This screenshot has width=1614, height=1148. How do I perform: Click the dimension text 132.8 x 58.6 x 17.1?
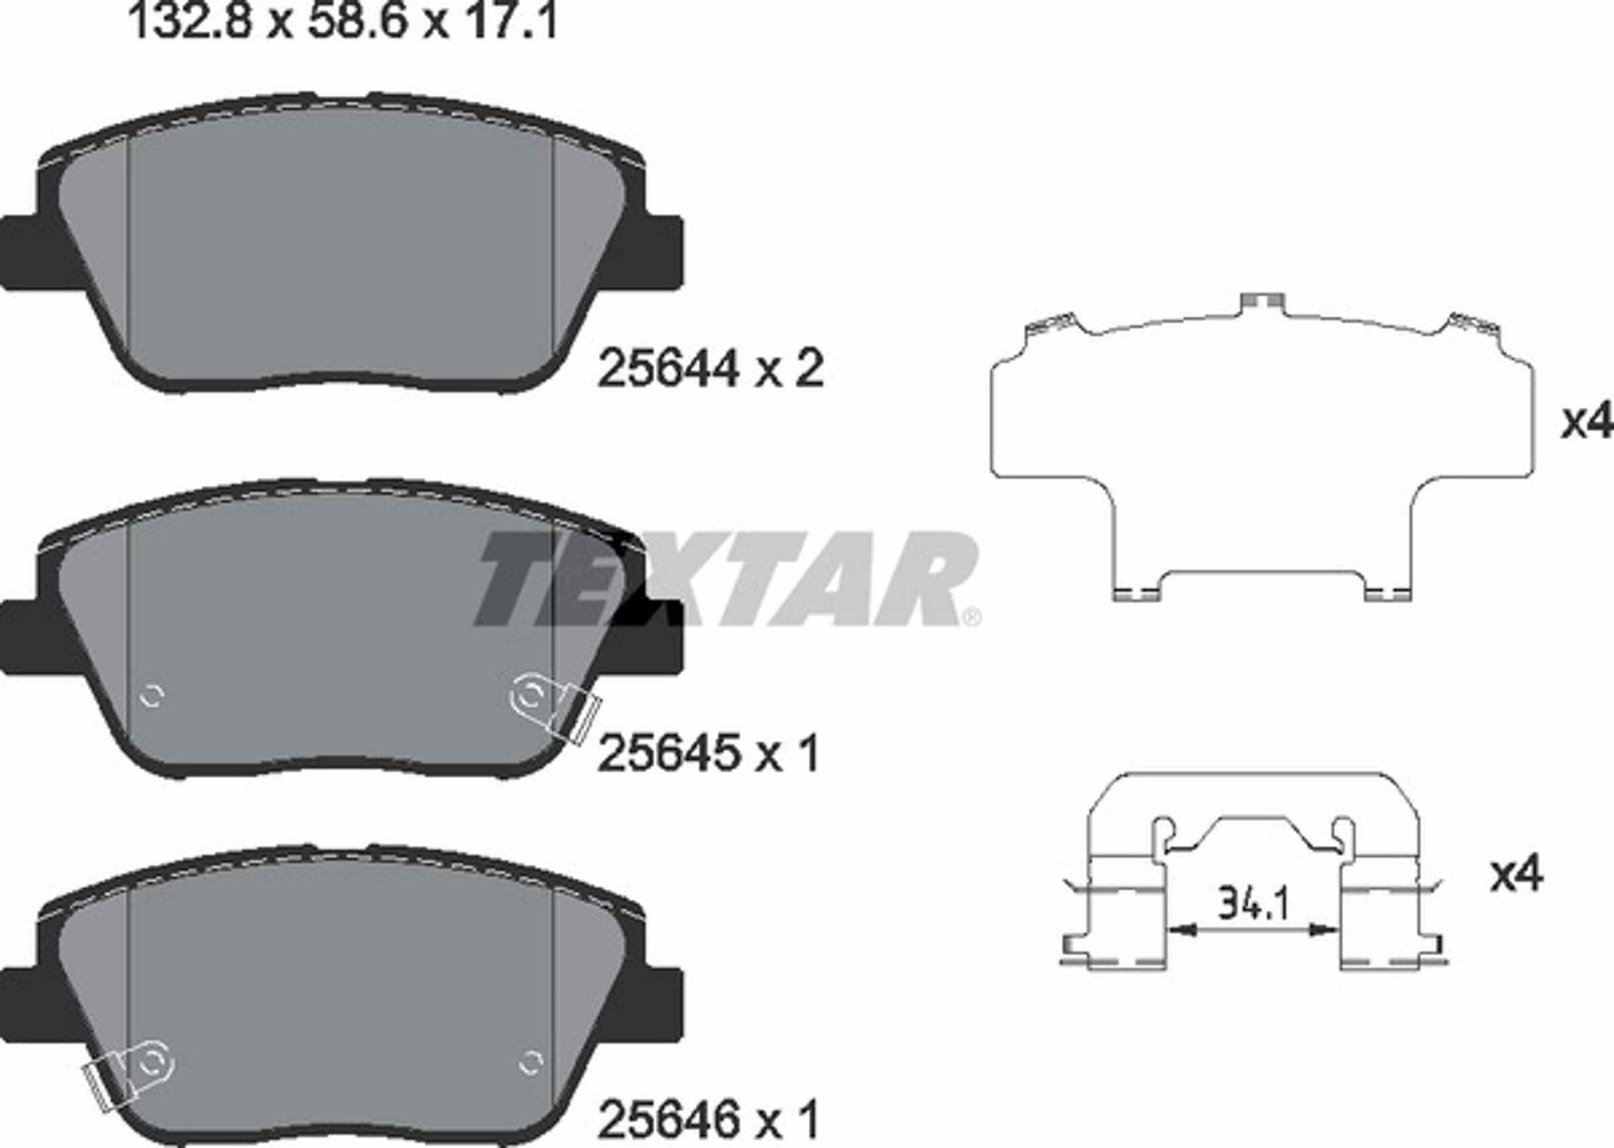342,22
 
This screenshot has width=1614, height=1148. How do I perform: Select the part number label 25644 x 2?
710,369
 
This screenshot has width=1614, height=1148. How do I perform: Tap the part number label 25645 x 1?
709,753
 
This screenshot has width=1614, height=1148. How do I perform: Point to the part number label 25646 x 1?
709,1118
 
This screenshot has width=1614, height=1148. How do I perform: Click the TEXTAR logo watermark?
725,579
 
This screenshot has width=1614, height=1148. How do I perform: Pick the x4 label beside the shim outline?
1587,422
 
